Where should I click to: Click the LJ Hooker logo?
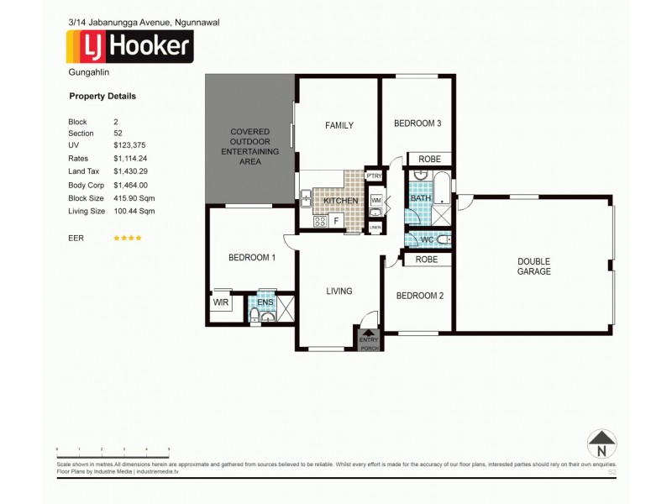(x=129, y=47)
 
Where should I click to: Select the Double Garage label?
(x=533, y=266)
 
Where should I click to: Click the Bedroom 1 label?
(x=252, y=257)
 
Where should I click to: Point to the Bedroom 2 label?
(x=417, y=296)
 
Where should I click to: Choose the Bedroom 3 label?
(x=417, y=123)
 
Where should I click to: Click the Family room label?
(x=339, y=125)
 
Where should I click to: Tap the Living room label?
(x=339, y=291)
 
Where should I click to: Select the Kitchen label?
(x=340, y=201)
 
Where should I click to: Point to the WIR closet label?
(x=221, y=302)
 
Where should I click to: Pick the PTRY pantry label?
(x=375, y=176)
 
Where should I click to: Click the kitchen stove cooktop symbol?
(x=319, y=222)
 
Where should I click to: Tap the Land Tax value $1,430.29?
(x=130, y=171)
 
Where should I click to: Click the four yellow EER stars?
(x=128, y=238)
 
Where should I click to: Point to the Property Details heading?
(x=102, y=96)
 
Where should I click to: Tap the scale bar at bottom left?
(x=113, y=449)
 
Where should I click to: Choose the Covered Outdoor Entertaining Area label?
(x=249, y=146)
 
